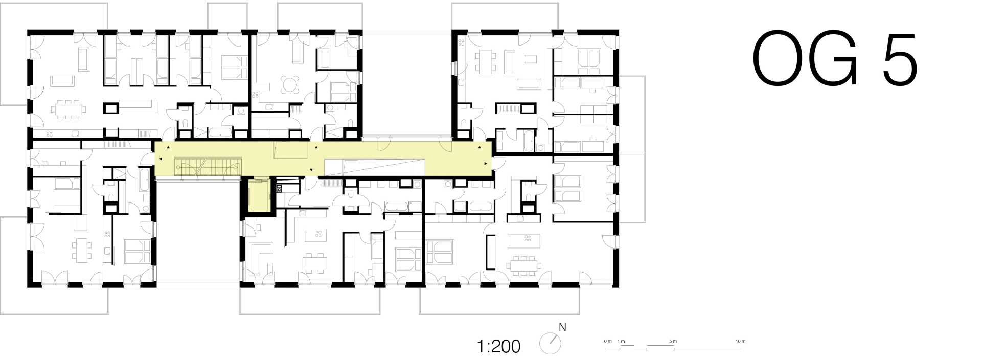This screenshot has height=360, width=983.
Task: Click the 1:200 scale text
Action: (498, 347)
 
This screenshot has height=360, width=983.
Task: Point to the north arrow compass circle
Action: (550, 344)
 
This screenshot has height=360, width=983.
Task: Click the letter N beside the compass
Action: (562, 327)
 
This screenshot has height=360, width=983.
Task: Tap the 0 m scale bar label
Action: (607, 341)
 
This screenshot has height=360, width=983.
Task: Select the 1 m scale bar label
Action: (621, 341)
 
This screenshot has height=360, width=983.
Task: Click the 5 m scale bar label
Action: (673, 341)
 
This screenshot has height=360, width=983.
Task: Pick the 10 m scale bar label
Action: (740, 341)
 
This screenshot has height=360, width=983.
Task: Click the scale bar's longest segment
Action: (707, 349)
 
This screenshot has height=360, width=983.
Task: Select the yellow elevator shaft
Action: (259, 195)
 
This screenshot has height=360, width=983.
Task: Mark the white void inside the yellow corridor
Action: (375, 166)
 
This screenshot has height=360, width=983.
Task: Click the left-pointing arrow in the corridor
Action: (161, 159)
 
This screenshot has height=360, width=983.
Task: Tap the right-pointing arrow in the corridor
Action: (486, 164)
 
